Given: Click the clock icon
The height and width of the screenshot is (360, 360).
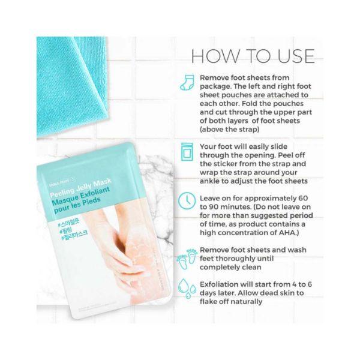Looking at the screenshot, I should tap(187, 201).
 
